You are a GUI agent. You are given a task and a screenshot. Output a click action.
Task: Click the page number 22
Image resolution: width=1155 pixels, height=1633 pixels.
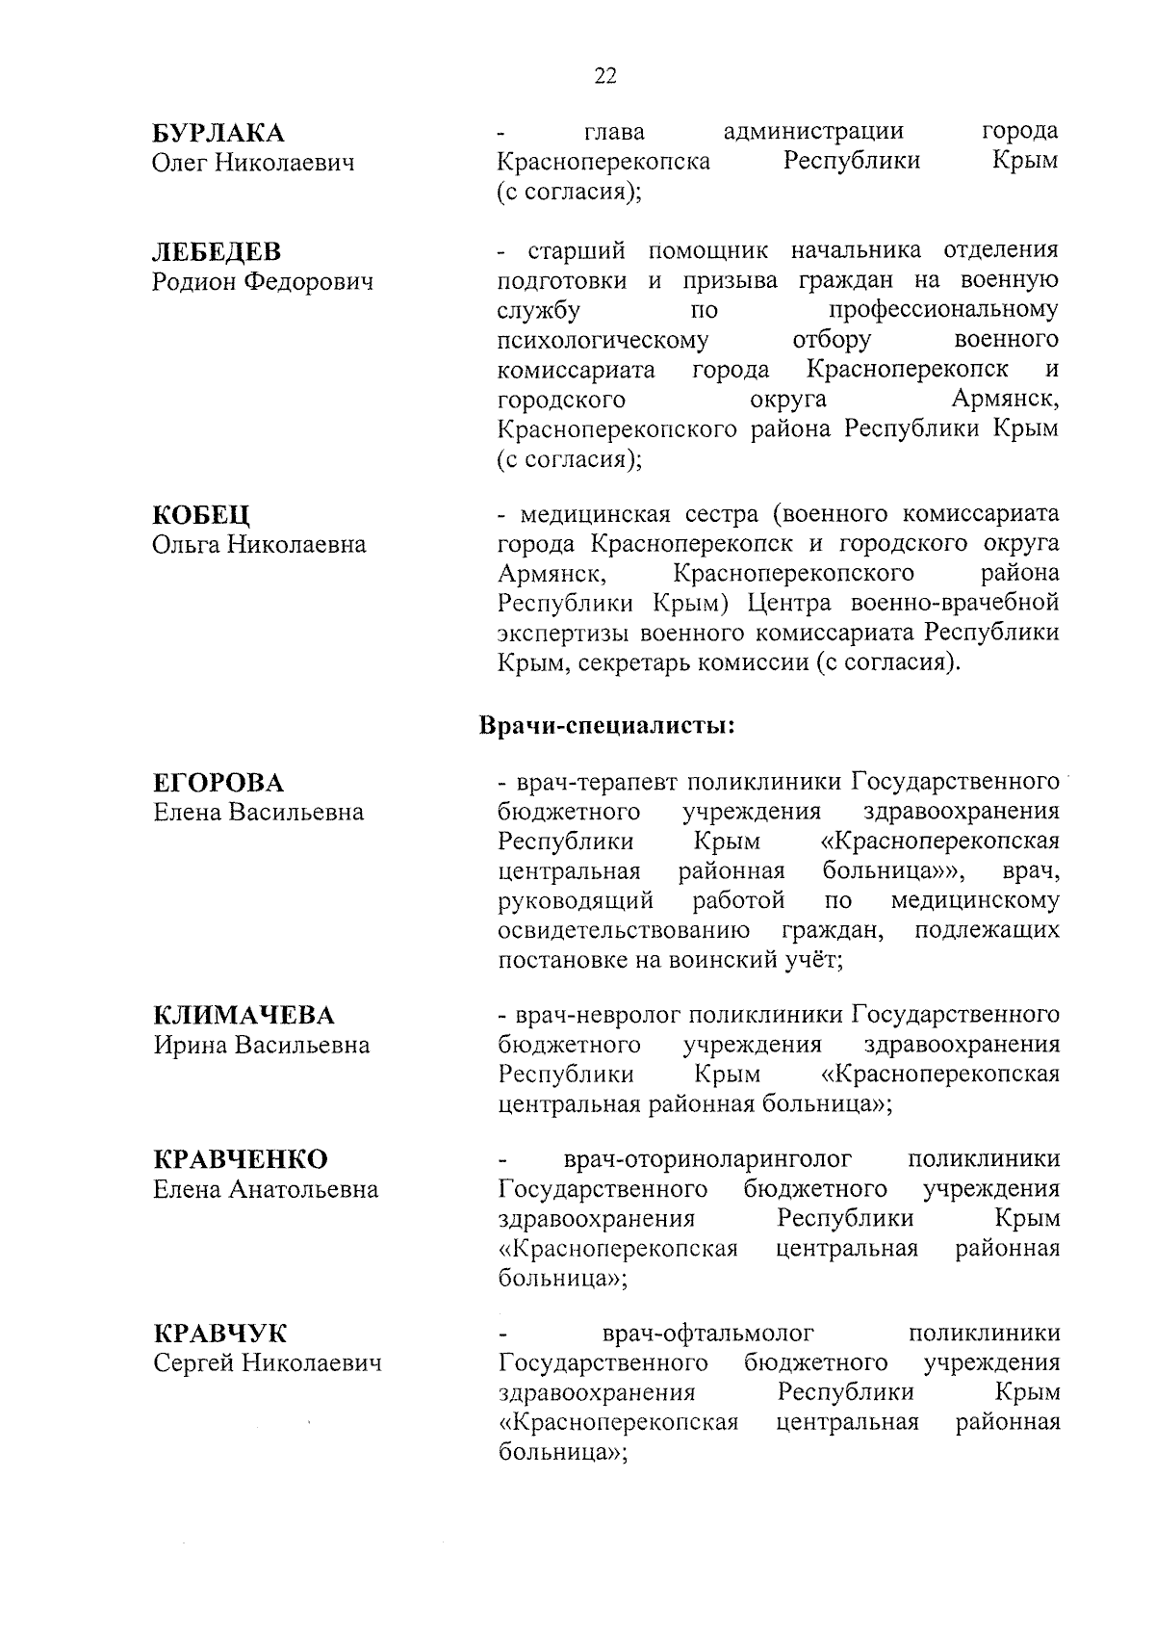pos(605,76)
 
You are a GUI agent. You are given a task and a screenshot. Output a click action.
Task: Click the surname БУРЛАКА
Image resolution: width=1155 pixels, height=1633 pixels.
pos(218,133)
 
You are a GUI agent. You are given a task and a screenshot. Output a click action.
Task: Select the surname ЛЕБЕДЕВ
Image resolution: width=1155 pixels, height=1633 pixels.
pos(217,252)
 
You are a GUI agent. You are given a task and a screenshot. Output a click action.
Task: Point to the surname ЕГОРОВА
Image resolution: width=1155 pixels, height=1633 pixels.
pos(218,782)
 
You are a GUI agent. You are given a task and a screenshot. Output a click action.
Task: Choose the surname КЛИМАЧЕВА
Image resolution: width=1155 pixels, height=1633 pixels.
pos(244,1016)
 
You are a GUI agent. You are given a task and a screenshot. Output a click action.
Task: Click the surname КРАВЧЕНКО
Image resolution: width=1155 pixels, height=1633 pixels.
pos(241,1159)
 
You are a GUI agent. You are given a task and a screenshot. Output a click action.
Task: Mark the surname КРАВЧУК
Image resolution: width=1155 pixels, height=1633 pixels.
pos(219,1335)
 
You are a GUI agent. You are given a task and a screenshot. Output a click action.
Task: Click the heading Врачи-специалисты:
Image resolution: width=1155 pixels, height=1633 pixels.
pos(607,725)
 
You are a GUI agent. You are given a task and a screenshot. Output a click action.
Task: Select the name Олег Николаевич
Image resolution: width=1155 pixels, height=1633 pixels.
pos(253,163)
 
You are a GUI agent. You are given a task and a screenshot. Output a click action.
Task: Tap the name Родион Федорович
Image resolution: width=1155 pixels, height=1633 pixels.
pos(263,282)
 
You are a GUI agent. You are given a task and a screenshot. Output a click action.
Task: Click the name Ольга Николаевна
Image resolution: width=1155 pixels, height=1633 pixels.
pos(259,545)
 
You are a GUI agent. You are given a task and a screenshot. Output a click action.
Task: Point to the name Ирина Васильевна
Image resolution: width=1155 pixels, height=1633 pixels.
pos(261,1046)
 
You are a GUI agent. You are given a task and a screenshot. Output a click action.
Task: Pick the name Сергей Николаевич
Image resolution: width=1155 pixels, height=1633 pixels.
pos(267,1364)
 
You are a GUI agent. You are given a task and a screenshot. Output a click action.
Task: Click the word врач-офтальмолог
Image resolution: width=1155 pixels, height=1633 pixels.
pos(707,1334)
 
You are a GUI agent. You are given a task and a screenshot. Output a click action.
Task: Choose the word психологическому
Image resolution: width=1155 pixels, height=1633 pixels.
pos(603,340)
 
